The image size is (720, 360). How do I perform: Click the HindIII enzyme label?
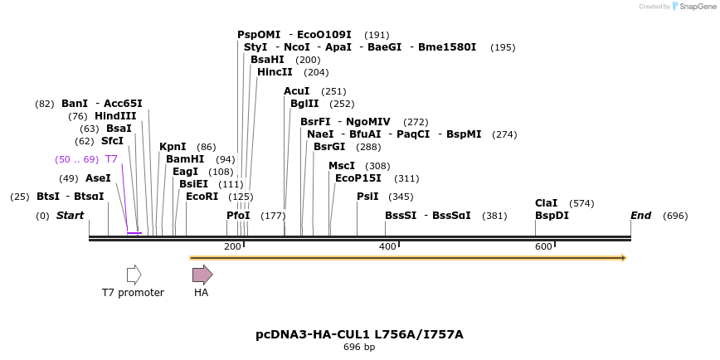coord(115,116)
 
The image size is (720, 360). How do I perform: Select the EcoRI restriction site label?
coord(202,197)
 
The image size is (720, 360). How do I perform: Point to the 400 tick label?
coord(387,246)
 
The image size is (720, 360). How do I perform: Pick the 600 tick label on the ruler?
coord(543,246)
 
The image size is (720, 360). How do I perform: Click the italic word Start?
coord(71,216)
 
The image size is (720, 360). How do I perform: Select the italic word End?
coord(641,216)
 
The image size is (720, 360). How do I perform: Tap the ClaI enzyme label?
coord(547,202)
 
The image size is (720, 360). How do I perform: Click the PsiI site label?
coord(367,197)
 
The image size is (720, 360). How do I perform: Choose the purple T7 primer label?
coord(111,158)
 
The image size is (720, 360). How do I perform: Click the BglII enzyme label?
coord(304,104)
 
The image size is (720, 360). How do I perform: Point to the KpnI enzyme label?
coord(173,147)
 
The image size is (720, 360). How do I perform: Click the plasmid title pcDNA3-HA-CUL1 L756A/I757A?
coord(359,334)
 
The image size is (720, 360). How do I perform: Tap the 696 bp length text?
coord(359,347)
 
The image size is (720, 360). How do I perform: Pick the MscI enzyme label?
coord(342,166)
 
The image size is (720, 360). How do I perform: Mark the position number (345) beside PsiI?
coord(401,197)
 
